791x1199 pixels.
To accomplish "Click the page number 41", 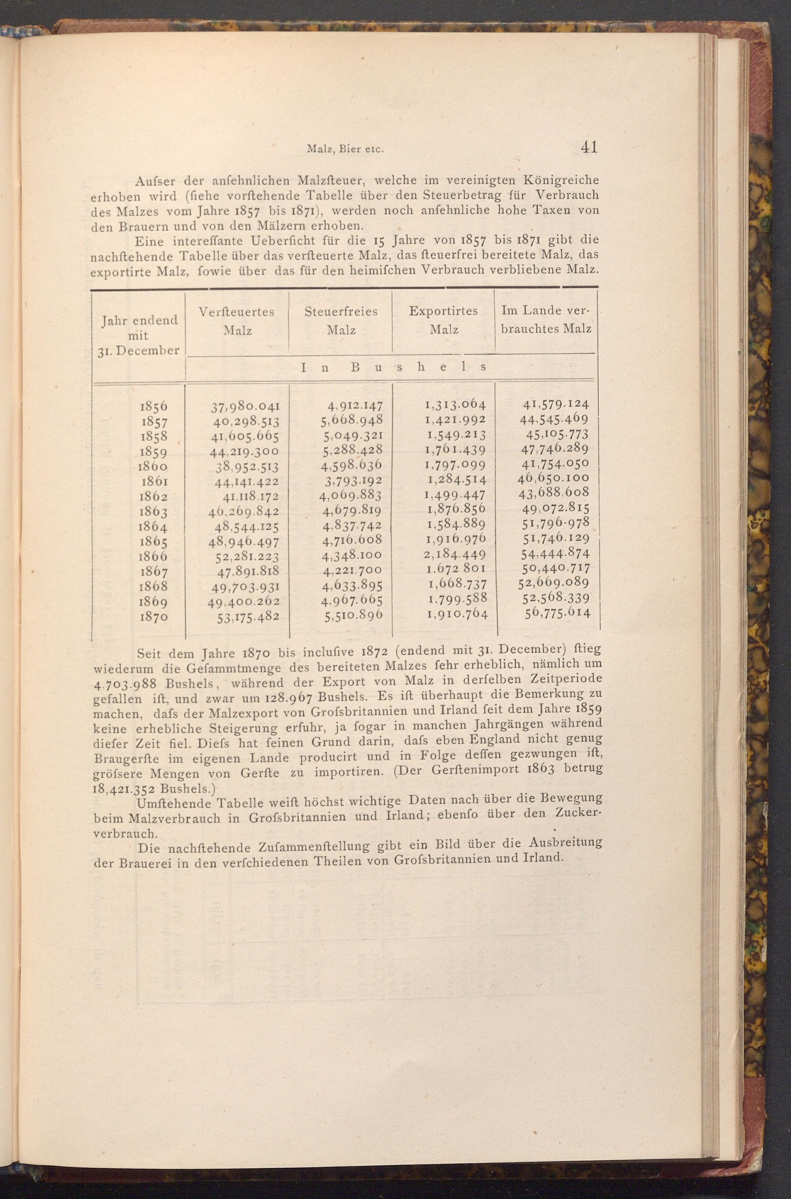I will click(589, 147).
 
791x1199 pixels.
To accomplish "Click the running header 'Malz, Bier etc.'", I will click(346, 149).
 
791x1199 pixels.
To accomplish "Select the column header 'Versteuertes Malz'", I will click(237, 321).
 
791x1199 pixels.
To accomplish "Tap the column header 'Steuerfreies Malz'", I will click(341, 321).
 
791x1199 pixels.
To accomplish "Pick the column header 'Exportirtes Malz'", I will click(443, 320).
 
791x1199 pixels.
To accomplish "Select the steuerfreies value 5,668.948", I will click(352, 420).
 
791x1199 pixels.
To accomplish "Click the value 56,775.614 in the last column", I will click(557, 612).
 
